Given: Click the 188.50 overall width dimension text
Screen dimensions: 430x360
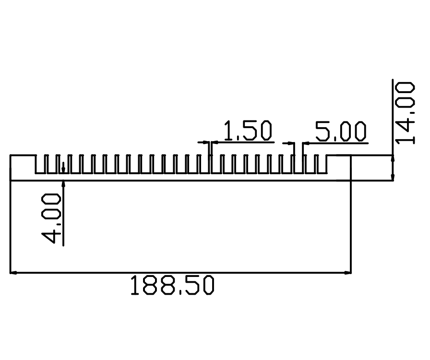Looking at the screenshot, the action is pyautogui.click(x=172, y=286).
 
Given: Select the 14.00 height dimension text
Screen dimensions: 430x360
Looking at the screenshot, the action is pyautogui.click(x=405, y=113).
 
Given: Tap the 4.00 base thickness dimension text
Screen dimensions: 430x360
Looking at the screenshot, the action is pyautogui.click(x=51, y=218).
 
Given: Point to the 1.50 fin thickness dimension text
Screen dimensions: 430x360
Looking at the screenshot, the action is pyautogui.click(x=248, y=131).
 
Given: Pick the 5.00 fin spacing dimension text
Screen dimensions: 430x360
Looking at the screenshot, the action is pyautogui.click(x=341, y=132).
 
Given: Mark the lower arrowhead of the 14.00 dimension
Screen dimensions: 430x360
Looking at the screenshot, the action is pyautogui.click(x=393, y=177).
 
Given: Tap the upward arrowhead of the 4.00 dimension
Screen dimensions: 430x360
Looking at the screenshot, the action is pyautogui.click(x=63, y=184).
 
